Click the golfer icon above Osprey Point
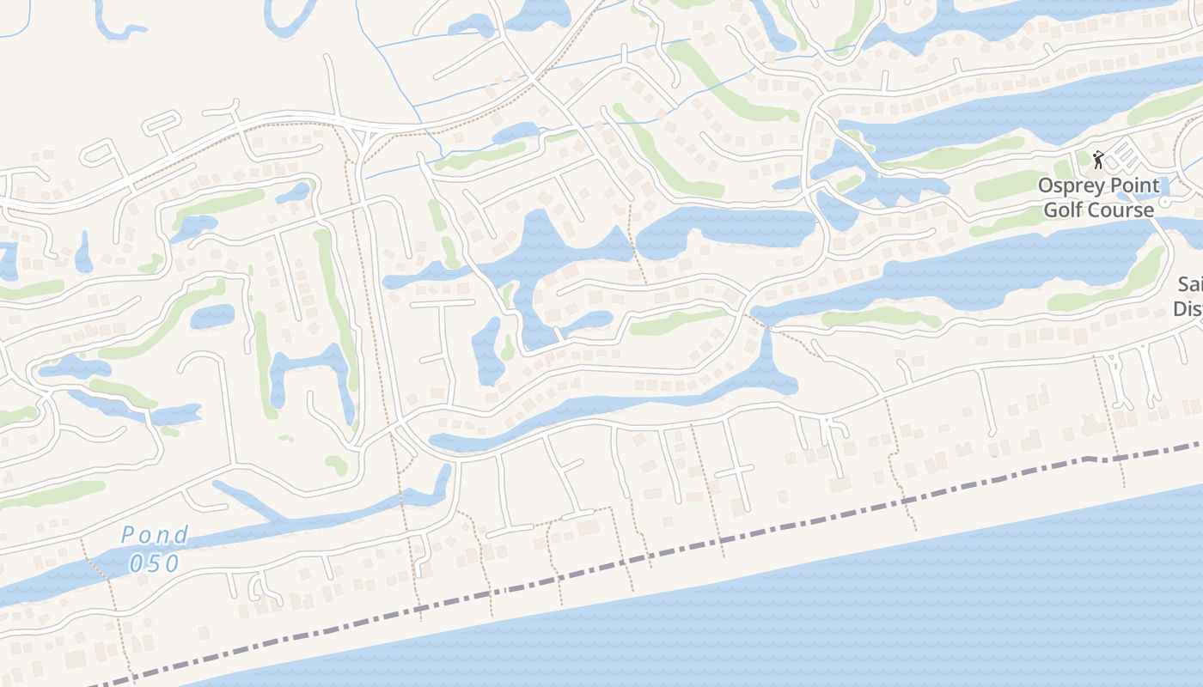click(x=1098, y=159)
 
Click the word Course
click(x=1121, y=210)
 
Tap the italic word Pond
click(x=155, y=535)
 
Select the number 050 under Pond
click(x=155, y=563)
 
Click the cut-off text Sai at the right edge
click(x=1189, y=284)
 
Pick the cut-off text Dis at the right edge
click(x=1188, y=308)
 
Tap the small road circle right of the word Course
click(x=1165, y=201)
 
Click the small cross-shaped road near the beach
click(x=734, y=471)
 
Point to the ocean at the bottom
click(x=773, y=618)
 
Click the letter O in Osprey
click(x=1046, y=185)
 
